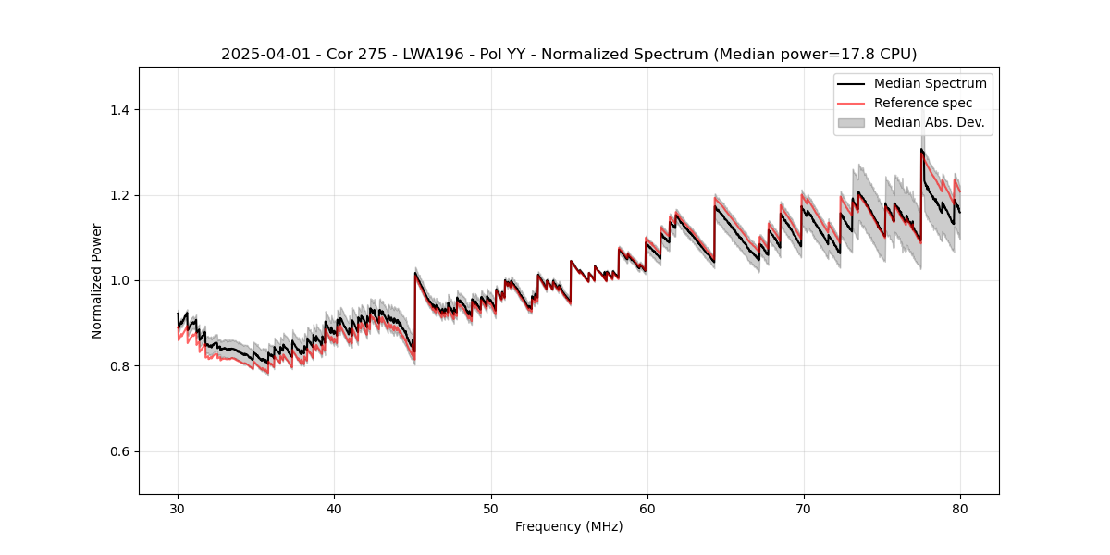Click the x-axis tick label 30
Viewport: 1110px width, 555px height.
(x=178, y=508)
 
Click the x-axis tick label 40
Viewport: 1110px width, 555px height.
(x=334, y=508)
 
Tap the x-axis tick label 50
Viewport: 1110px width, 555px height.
(x=490, y=508)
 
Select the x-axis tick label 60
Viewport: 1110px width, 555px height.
(x=647, y=508)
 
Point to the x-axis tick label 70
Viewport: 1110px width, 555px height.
(x=803, y=508)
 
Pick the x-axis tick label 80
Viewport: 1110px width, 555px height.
(x=959, y=508)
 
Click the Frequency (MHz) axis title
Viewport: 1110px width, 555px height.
(x=569, y=526)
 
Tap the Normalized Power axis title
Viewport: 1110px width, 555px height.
(x=97, y=280)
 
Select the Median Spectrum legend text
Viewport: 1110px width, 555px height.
(x=930, y=83)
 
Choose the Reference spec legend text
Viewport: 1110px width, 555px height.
(x=922, y=103)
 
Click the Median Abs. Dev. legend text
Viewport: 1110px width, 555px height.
(x=929, y=122)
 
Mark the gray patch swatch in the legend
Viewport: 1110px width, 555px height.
(x=851, y=122)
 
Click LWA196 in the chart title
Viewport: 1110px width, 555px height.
(x=420, y=55)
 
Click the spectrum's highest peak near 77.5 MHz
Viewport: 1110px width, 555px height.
(x=921, y=149)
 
